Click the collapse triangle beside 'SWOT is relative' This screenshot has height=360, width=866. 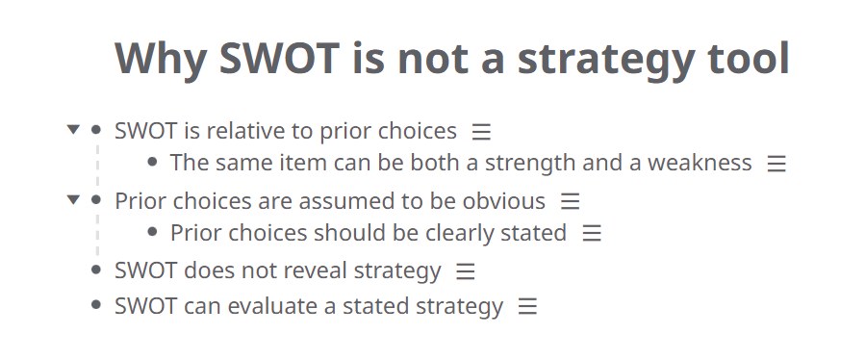click(73, 129)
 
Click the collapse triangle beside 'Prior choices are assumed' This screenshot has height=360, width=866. click(73, 200)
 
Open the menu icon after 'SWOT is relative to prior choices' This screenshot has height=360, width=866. click(481, 130)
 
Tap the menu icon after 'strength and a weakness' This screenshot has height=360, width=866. click(777, 164)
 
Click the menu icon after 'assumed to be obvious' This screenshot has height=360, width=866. click(570, 201)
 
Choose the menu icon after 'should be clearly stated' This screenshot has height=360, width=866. click(591, 233)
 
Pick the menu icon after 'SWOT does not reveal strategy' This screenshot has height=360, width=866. click(466, 271)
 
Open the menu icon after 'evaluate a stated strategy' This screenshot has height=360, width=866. click(527, 307)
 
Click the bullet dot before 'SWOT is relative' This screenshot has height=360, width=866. click(95, 129)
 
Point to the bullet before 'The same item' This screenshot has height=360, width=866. click(152, 163)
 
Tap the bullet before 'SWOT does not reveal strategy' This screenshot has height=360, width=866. click(95, 270)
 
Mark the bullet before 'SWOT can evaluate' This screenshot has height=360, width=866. click(95, 306)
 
